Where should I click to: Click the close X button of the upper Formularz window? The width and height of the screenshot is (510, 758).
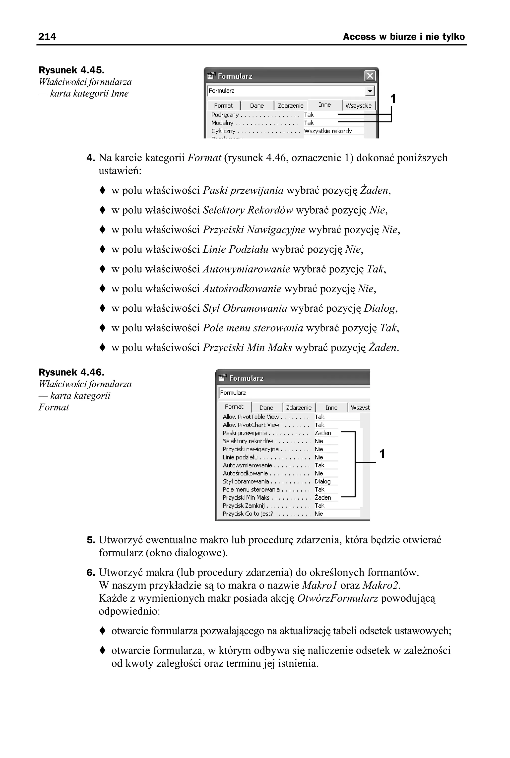(370, 76)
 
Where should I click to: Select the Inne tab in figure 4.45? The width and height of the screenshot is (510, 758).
(325, 105)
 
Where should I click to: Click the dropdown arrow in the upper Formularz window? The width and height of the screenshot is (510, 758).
(370, 91)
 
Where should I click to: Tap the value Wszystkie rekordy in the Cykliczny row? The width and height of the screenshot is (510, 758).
(328, 131)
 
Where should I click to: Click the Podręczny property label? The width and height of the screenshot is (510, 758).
(225, 115)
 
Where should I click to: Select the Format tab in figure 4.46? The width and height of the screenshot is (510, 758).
(234, 407)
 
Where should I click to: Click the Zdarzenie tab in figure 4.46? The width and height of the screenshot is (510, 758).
(299, 408)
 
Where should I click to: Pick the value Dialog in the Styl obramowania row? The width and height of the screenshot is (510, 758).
(322, 481)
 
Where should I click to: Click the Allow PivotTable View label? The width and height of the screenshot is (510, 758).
(251, 417)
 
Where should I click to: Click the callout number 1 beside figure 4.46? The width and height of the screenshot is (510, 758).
(382, 454)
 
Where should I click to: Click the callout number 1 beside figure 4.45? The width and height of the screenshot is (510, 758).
(393, 99)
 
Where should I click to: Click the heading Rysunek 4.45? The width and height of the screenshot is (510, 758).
(71, 70)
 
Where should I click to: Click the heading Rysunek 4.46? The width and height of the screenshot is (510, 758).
(71, 372)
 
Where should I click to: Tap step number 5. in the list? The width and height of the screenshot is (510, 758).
(91, 540)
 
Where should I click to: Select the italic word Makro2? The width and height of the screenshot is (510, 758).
(380, 585)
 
